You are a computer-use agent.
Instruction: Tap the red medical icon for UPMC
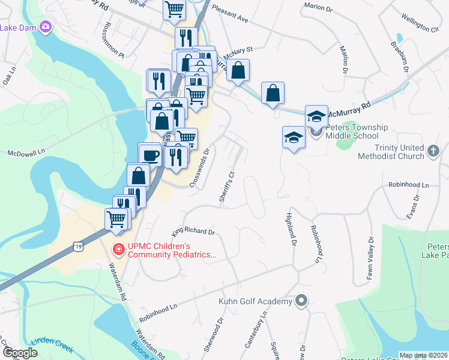click(x=119, y=249)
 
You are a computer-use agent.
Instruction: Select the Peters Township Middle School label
click(x=357, y=132)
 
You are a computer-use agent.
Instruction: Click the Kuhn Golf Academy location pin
click(x=301, y=301)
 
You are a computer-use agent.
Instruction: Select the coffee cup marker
click(x=149, y=155)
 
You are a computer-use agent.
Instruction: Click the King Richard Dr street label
click(x=193, y=230)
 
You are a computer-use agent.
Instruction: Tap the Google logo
click(x=20, y=353)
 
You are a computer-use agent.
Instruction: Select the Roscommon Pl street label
click(x=113, y=40)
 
